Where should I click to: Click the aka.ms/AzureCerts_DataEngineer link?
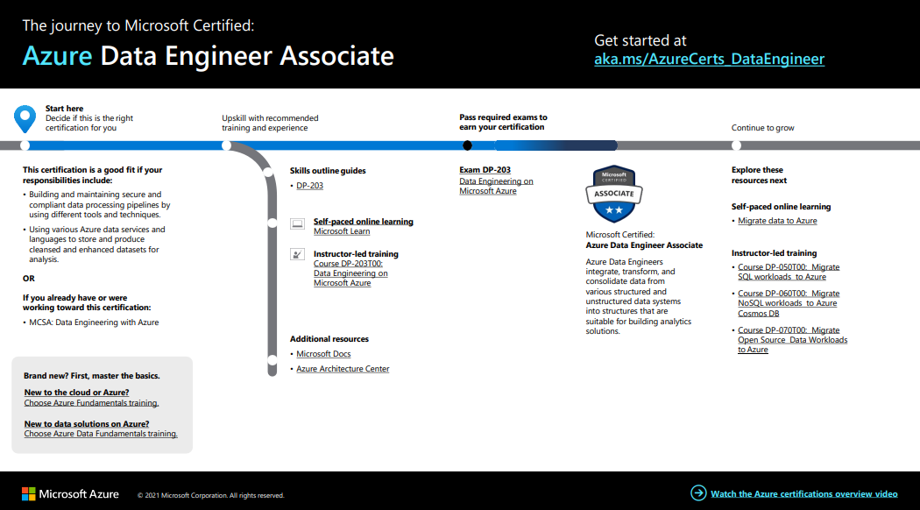[x=709, y=60]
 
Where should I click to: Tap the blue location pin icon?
[x=25, y=117]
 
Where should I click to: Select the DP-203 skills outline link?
[x=309, y=186]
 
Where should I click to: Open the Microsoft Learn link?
[x=342, y=231]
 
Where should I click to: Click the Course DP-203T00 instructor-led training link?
[x=350, y=273]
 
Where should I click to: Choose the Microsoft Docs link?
[x=323, y=354]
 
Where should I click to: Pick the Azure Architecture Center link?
[x=343, y=369]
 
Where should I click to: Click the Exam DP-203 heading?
[x=485, y=170]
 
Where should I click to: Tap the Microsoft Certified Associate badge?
[x=613, y=194]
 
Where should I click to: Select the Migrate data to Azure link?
[x=777, y=221]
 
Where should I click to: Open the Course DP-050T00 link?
[x=788, y=272]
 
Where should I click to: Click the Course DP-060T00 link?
[x=788, y=303]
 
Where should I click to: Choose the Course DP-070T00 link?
[x=792, y=340]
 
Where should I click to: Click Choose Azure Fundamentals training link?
[x=91, y=403]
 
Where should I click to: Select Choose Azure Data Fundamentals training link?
[x=101, y=434]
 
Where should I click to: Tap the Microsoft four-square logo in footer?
[x=28, y=494]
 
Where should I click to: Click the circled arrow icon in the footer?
[x=698, y=493]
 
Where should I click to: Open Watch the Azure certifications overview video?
[x=803, y=494]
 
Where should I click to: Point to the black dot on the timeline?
[x=467, y=145]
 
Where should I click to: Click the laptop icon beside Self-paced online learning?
[x=297, y=224]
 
